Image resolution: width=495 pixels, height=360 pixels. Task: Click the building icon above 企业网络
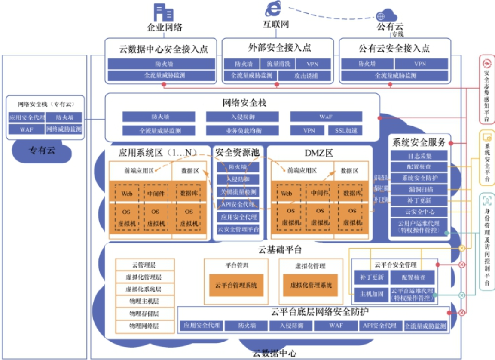[164, 12]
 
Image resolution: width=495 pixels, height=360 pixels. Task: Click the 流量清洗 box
[278, 64]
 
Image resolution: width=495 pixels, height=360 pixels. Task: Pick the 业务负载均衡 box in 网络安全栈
[242, 130]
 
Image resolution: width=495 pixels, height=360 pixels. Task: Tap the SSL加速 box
[346, 130]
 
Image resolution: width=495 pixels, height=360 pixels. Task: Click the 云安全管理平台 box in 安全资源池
[238, 229]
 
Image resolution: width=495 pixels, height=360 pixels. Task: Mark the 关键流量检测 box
[238, 192]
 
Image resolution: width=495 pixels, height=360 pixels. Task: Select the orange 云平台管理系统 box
[236, 285]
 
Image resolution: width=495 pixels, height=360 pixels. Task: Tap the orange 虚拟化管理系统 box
[311, 285]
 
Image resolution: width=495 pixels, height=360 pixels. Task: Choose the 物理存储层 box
[145, 314]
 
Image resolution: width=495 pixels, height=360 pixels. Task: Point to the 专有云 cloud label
[42, 151]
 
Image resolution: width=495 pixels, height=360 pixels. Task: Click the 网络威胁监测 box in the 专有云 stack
[64, 129]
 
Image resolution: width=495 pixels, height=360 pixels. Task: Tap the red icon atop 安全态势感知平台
[487, 64]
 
